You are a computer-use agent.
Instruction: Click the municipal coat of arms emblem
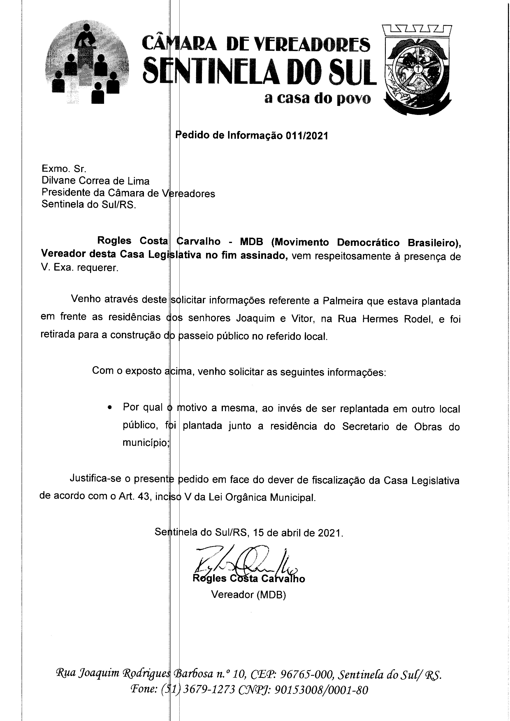coord(417,71)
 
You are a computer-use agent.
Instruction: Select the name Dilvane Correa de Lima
coord(95,181)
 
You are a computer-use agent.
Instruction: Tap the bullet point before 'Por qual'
coord(109,408)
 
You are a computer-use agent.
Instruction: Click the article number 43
coord(143,497)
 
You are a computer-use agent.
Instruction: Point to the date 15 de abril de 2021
coord(298,533)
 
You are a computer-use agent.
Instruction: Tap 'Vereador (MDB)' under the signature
coord(248,595)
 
